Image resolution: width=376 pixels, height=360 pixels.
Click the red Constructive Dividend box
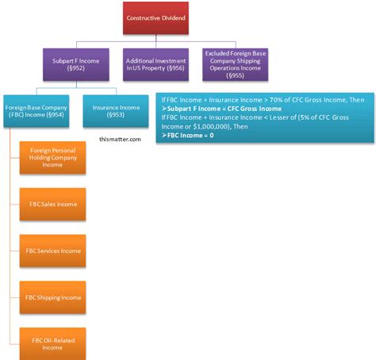(155, 18)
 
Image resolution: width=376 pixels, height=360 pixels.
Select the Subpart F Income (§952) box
(76, 64)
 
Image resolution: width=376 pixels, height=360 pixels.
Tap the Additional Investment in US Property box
(155, 64)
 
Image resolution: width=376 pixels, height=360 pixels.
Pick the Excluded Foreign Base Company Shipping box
(236, 64)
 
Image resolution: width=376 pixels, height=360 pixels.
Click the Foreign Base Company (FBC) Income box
(36, 111)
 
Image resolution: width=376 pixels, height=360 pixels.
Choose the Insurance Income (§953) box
(116, 111)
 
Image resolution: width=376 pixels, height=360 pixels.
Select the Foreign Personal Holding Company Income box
(52, 158)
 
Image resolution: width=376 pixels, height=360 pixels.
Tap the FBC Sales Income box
(52, 205)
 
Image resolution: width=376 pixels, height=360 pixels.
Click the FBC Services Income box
(52, 251)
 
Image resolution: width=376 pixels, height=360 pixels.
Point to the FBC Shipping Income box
(52, 297)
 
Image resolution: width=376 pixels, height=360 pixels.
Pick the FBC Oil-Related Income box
(52, 344)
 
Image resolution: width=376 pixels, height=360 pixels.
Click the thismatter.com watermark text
(120, 140)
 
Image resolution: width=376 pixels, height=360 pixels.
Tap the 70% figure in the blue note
(275, 100)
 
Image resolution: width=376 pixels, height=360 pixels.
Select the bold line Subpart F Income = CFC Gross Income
(221, 109)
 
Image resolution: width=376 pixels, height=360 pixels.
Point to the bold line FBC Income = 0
(188, 136)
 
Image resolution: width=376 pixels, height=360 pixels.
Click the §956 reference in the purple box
(175, 68)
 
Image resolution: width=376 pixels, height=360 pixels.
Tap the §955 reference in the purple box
(235, 75)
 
